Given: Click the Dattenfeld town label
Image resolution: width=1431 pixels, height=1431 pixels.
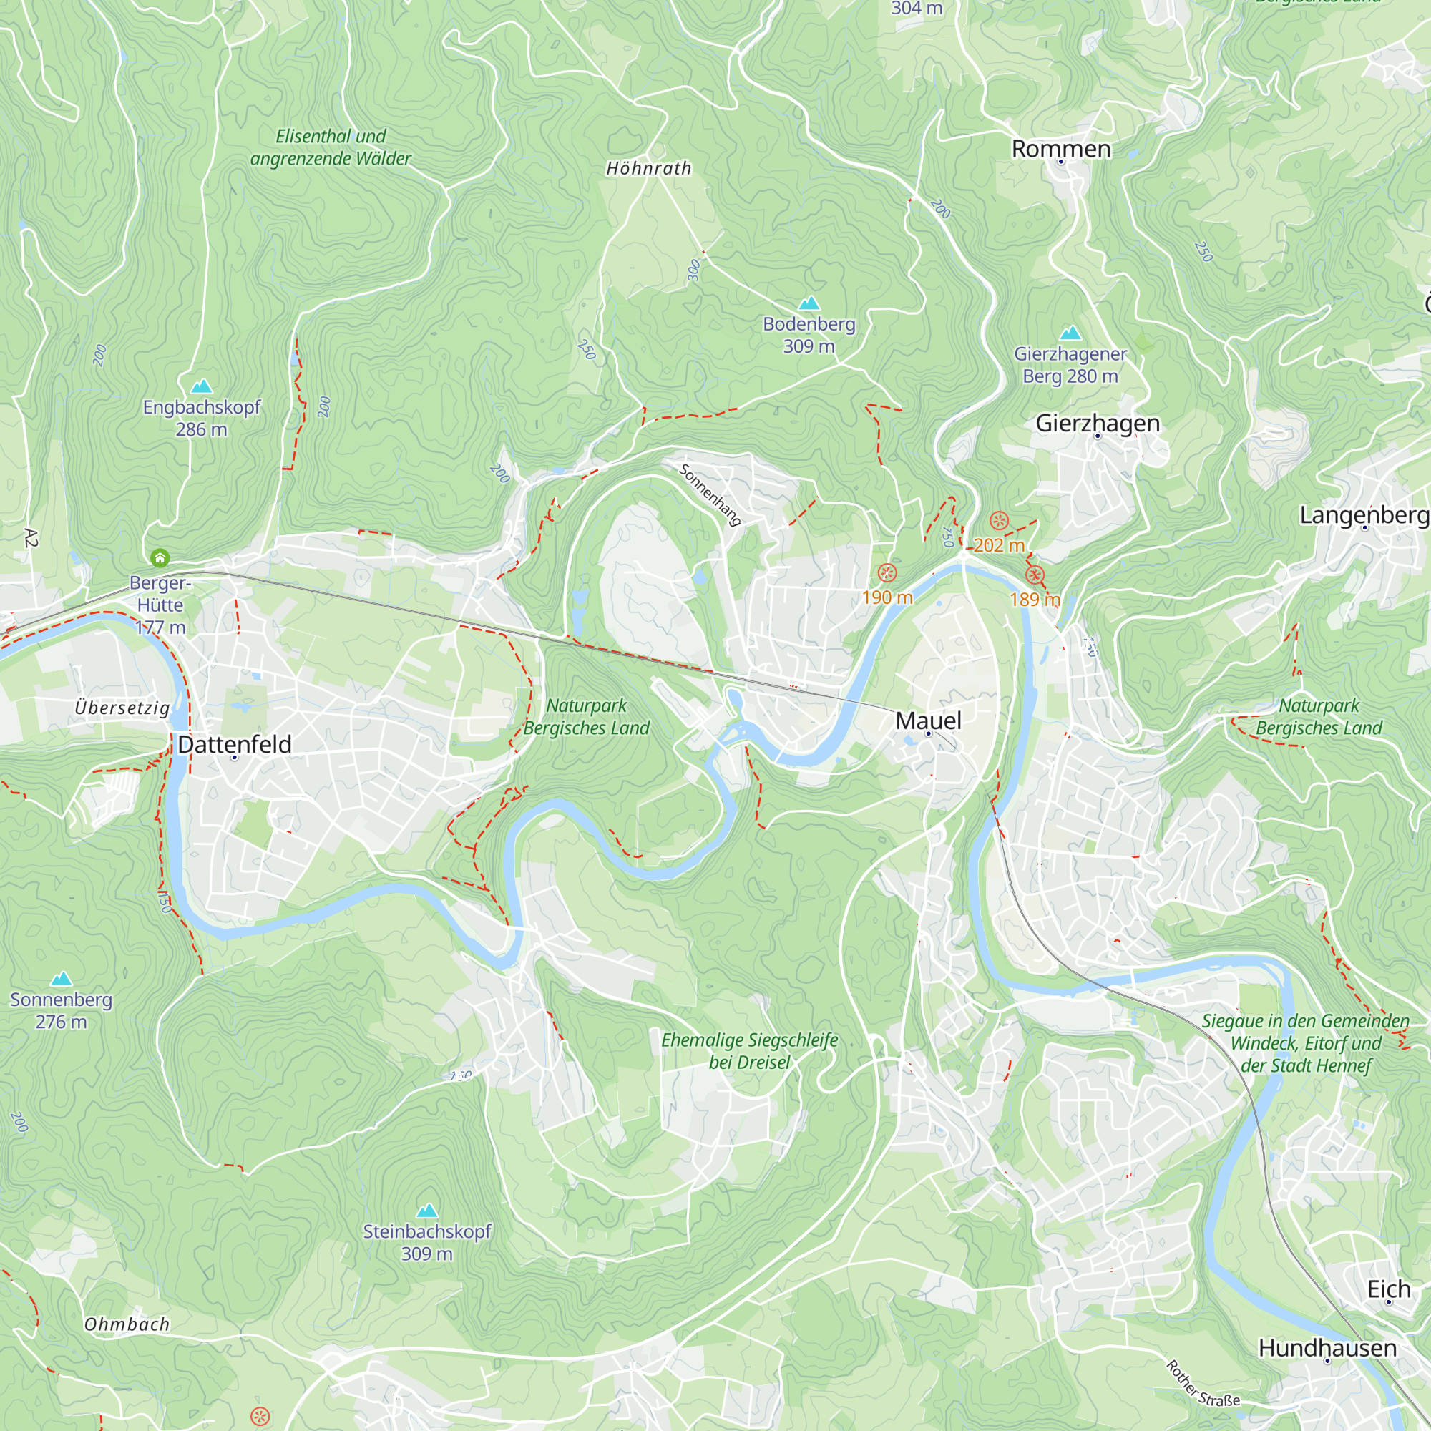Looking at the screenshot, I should point(235,744).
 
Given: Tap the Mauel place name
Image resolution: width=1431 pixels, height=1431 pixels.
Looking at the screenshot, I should point(928,720).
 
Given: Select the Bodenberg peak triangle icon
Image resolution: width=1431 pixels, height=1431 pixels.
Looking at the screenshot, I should point(809,303).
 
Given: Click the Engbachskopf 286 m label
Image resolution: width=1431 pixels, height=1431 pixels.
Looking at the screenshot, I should point(202,418).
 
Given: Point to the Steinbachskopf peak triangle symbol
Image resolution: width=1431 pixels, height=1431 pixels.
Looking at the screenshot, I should point(426,1211).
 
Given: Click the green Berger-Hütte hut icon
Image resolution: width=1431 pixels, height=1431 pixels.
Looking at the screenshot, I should point(160,558).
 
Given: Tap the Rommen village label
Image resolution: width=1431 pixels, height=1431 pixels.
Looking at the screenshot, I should point(1060,149).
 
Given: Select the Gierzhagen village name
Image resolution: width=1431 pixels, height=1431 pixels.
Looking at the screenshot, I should point(1097,423).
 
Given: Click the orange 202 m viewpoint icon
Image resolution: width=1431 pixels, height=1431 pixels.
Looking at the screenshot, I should point(999,521).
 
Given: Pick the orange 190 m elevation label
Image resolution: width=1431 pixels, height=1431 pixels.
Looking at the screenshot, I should point(887,597).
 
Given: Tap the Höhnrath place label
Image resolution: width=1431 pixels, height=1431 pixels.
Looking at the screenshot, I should point(649,169).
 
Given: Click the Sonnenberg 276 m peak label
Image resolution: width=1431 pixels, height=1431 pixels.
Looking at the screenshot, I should point(61,1010).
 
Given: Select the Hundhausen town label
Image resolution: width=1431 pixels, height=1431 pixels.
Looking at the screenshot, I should point(1327,1348).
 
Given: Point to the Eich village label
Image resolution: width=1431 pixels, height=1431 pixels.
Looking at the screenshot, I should point(1388,1289).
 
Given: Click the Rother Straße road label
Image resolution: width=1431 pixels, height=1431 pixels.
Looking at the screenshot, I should point(1202,1384).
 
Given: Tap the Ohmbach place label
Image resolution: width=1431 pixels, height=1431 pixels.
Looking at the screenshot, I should point(127,1324).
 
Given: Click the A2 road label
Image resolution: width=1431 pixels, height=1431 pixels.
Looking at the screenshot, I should point(30,538).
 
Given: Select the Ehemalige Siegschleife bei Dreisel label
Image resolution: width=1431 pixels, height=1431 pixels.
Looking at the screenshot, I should point(749,1051).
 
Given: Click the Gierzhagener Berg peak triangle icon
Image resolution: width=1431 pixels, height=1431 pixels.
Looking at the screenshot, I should point(1070,333).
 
